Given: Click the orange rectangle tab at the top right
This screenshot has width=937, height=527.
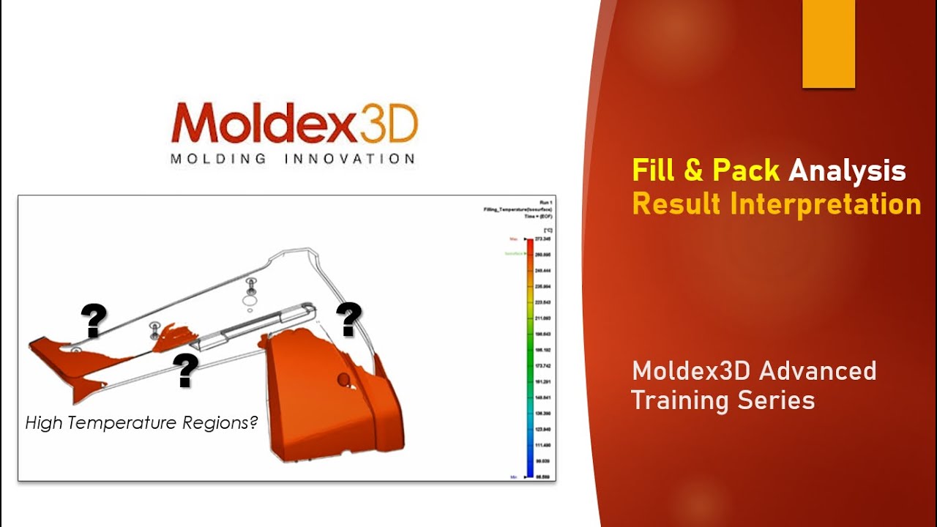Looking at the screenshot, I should point(829,44).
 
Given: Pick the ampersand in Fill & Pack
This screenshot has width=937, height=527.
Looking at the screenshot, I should point(693,171).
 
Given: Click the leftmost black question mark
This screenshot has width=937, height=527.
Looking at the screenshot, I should point(94,321).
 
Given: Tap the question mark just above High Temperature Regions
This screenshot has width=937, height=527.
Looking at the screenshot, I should point(186,371).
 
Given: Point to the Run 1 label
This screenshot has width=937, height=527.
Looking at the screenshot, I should point(545,201).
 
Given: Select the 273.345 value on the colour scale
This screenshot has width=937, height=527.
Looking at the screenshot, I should point(542,239).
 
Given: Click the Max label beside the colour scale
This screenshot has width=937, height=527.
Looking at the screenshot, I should point(514,239).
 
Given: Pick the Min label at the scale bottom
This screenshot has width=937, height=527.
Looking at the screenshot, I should point(515,476).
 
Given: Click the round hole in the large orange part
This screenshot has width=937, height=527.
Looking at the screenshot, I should point(343,379).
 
